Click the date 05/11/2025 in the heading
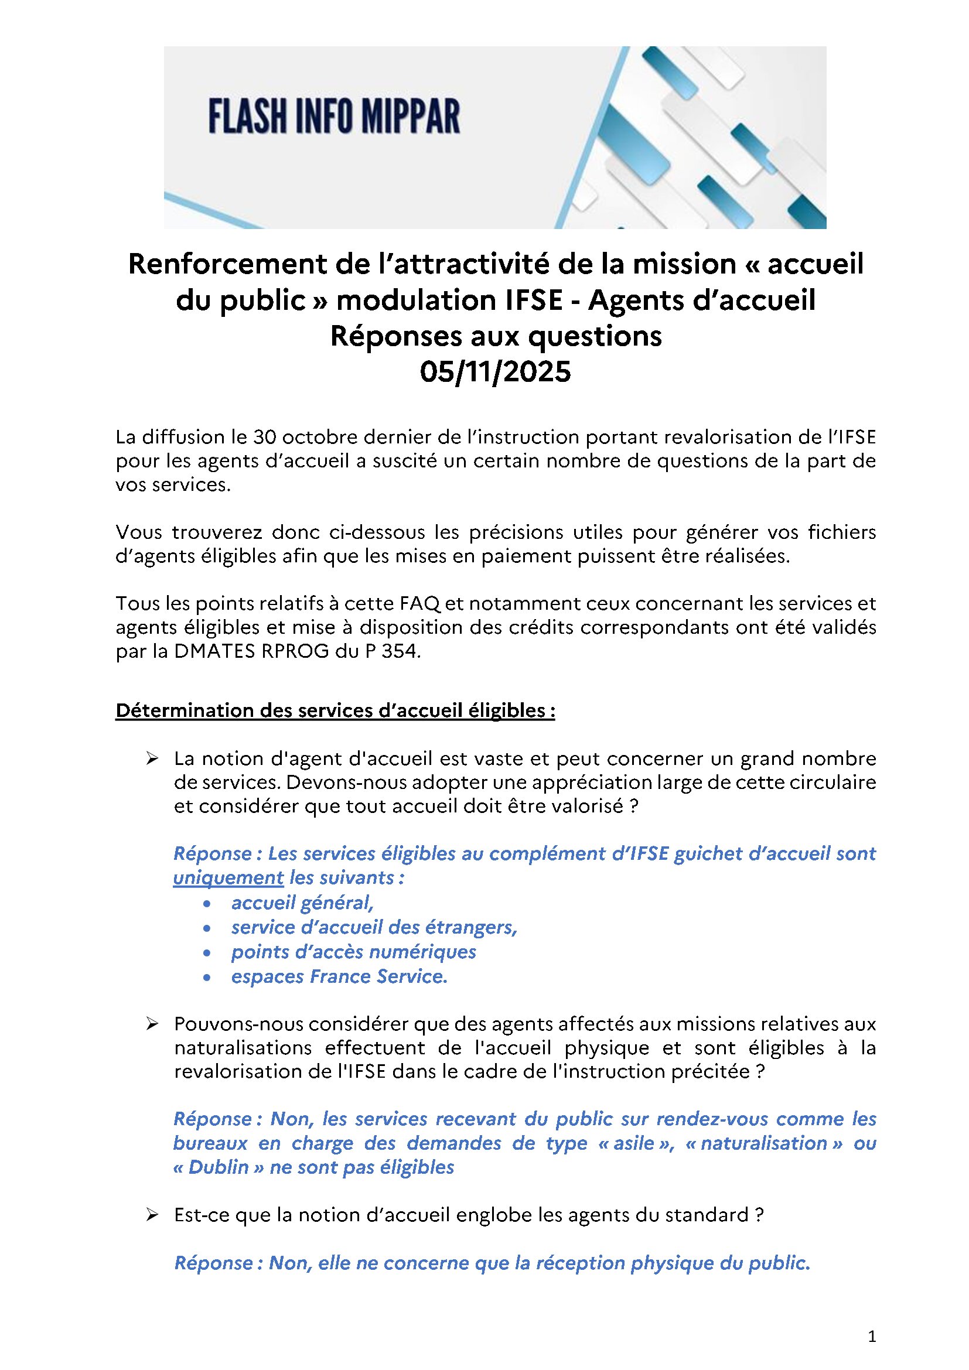(495, 372)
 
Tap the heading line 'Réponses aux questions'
(496, 336)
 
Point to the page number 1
(872, 1337)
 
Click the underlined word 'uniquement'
(228, 878)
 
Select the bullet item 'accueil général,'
(302, 903)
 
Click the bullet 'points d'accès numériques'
(354, 952)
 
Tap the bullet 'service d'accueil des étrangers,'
(374, 927)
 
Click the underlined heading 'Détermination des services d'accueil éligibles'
(335, 710)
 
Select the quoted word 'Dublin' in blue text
(218, 1168)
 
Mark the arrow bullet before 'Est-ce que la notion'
(152, 1215)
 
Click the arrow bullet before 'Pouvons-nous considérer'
(152, 1024)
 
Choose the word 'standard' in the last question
(707, 1215)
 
